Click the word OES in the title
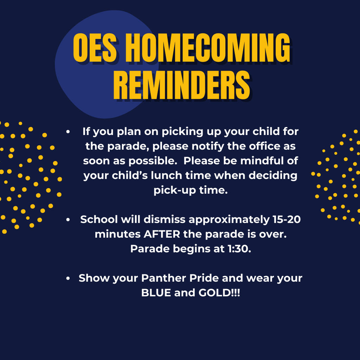click(95, 48)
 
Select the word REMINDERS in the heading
click(182, 85)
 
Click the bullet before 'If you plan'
click(68, 132)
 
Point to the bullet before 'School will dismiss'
click(68, 220)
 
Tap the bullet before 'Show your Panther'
click(68, 278)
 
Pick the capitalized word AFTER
click(162, 234)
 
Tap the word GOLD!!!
click(219, 293)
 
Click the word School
click(99, 219)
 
